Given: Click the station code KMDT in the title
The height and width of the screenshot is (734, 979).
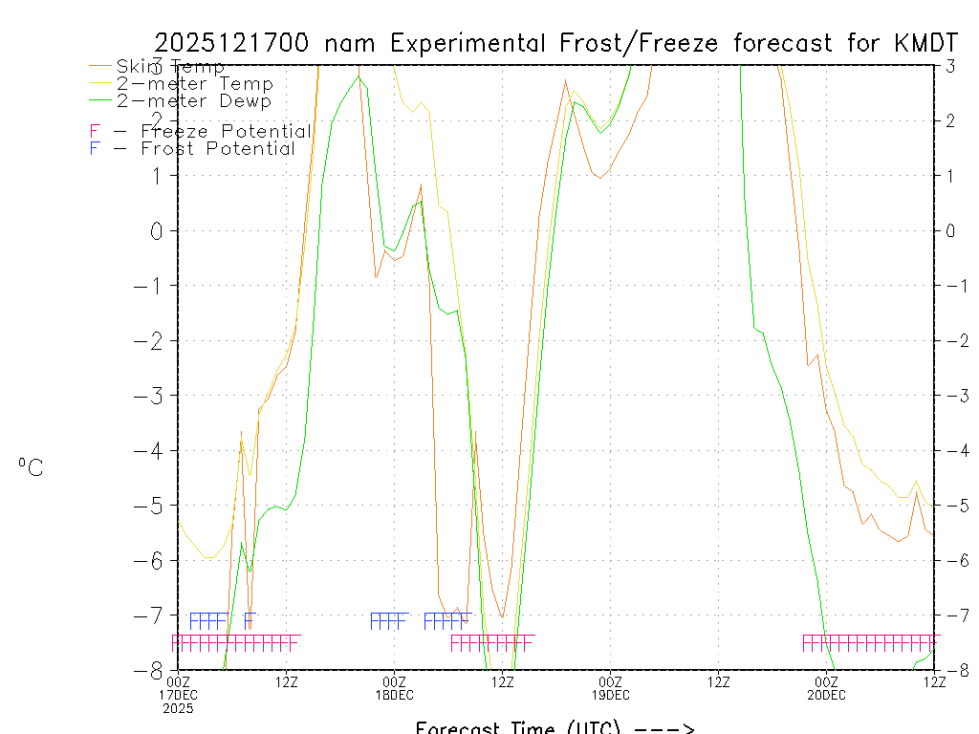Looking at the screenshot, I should (929, 43).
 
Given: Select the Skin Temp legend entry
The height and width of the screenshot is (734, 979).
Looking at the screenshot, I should (170, 67).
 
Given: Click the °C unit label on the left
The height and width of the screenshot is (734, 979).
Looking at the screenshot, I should (31, 468).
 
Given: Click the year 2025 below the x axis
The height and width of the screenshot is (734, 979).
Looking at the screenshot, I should (179, 708).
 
